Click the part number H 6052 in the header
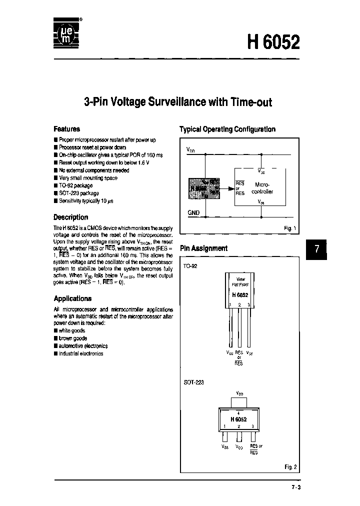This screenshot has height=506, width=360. [274, 42]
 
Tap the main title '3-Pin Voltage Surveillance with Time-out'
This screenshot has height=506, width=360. [178, 102]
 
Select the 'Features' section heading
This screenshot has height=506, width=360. [66, 128]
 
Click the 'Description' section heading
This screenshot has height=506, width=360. [70, 217]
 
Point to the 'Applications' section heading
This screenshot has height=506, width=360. [72, 298]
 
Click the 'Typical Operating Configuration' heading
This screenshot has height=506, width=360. [227, 129]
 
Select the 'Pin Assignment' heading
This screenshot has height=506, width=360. [203, 248]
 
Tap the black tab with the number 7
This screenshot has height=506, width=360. [316, 249]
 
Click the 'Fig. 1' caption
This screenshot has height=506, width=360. [290, 228]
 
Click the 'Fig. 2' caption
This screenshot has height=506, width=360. [291, 467]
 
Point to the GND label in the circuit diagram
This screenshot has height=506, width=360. [193, 212]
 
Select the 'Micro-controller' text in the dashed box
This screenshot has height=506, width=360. [262, 187]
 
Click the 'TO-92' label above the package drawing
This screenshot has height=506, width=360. [190, 266]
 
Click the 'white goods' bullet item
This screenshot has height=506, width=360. [72, 330]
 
